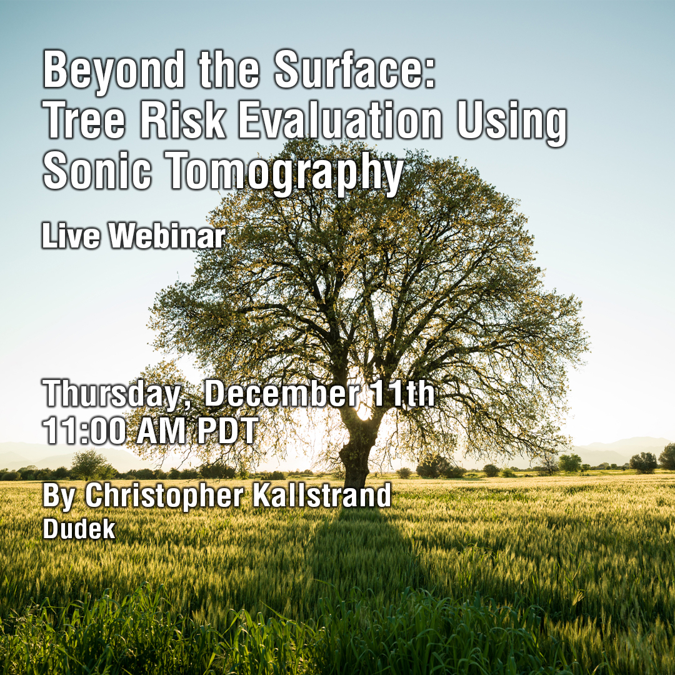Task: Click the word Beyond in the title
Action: click(114, 71)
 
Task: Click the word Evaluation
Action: click(340, 120)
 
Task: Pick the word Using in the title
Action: click(512, 124)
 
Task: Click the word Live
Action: click(71, 235)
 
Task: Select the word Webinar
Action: click(167, 235)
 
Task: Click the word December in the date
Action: click(281, 393)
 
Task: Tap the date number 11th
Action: click(402, 393)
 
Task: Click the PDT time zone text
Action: click(227, 431)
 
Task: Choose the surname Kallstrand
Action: click(322, 495)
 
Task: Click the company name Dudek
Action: click(79, 529)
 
